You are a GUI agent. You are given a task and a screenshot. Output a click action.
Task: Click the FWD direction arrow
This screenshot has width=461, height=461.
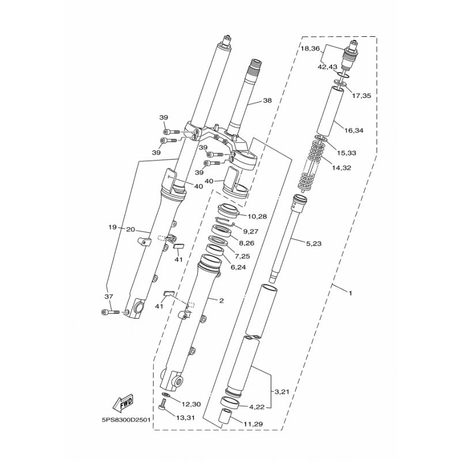click(123, 403)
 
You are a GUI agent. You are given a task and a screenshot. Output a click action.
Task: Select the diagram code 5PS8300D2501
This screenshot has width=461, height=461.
click(126, 420)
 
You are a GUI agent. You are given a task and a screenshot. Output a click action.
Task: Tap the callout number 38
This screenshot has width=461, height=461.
click(267, 100)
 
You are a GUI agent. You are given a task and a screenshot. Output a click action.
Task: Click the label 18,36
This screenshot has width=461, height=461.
click(310, 49)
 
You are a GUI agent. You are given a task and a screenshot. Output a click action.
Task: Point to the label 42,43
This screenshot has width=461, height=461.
click(327, 67)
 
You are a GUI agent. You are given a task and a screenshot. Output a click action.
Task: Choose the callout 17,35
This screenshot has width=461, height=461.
click(361, 96)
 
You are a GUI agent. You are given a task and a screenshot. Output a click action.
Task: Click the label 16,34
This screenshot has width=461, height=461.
click(354, 130)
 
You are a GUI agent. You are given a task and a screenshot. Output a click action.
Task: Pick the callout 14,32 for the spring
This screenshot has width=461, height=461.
click(341, 168)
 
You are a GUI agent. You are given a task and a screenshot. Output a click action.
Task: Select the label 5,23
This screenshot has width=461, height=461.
click(313, 243)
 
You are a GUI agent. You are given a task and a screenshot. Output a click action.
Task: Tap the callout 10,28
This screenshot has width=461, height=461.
click(257, 217)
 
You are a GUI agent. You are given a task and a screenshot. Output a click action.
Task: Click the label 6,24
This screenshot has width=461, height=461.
click(238, 267)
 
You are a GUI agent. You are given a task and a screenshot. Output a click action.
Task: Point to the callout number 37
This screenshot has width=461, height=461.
click(109, 297)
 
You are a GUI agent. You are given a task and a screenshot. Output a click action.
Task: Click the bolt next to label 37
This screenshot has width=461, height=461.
click(110, 312)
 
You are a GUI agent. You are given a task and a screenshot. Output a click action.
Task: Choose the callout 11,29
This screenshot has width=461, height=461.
click(253, 424)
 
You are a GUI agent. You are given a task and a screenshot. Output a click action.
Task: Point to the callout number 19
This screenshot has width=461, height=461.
click(112, 227)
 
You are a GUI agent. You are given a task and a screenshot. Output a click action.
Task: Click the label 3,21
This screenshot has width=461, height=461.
click(282, 392)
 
